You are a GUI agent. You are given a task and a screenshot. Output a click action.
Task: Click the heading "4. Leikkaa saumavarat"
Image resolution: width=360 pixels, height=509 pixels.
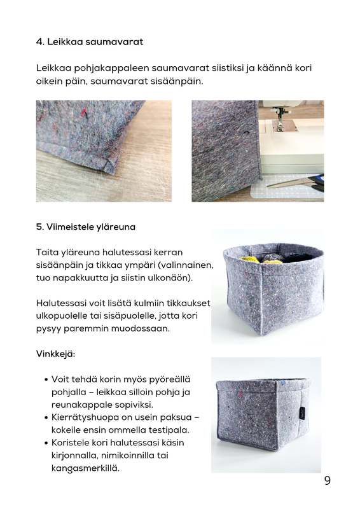[x=89, y=42]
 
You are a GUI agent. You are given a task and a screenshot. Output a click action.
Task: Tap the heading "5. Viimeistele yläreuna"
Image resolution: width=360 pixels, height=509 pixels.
[x=85, y=227]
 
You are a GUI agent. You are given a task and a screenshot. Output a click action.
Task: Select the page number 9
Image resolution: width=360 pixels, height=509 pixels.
[x=327, y=480]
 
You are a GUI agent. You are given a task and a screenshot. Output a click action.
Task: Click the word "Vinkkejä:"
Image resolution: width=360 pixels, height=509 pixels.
[x=55, y=354]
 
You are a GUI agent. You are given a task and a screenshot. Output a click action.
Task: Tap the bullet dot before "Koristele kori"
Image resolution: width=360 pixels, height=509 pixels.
[x=46, y=443]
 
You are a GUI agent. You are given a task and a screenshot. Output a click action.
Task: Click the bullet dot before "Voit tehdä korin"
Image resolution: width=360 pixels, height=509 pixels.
[x=46, y=379]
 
